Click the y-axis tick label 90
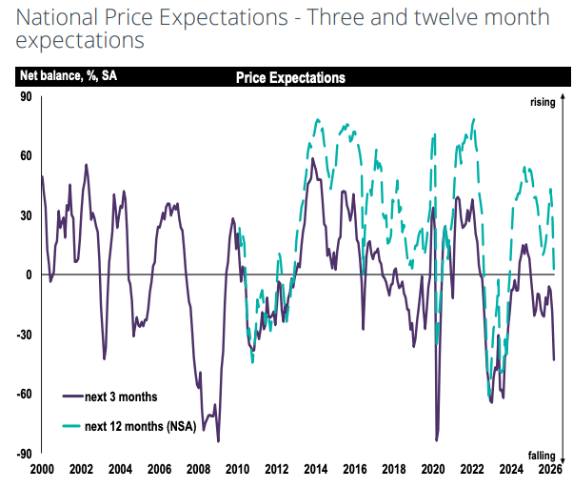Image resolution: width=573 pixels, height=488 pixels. tap(26, 97)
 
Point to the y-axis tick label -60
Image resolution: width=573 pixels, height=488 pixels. tap(24, 395)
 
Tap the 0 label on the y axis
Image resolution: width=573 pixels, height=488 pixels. tap(29, 275)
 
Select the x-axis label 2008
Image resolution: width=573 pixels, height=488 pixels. tap(198, 469)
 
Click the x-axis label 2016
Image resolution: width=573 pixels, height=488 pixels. tap(355, 469)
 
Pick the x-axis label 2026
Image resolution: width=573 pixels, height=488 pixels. tap(550, 469)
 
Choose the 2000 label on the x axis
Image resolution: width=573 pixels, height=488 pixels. tap(42, 469)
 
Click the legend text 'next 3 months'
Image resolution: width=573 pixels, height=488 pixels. tap(121, 396)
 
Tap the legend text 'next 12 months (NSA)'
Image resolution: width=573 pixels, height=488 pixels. tap(141, 427)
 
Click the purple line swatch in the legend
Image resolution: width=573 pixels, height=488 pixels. tap(72, 396)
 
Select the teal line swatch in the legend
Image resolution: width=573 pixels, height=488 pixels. tap(71, 426)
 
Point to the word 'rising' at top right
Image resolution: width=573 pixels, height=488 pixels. tap(543, 102)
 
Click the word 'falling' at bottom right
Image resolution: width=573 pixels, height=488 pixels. tap(542, 456)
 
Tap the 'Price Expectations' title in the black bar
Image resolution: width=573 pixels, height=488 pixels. tap(290, 77)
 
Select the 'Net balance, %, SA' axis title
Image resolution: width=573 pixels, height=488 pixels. tap(69, 75)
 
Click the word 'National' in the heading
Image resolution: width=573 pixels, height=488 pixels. tap(57, 17)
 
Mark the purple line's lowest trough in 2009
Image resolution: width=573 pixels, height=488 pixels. tap(218, 441)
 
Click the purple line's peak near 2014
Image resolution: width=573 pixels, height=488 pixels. tap(312, 158)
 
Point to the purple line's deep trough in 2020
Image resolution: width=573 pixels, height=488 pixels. tap(436, 440)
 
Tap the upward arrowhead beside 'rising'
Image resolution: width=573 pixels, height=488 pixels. tap(563, 98)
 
